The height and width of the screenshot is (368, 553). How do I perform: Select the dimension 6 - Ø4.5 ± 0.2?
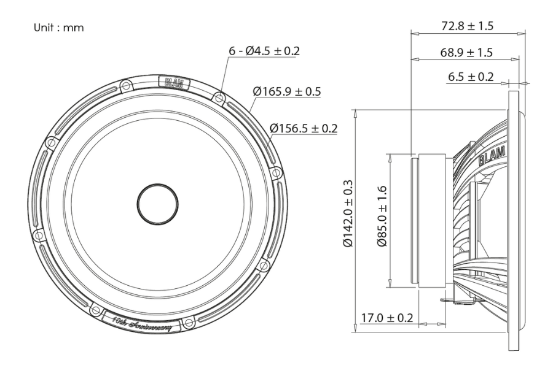264,51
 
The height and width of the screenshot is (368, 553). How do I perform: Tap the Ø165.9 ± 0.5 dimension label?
288,91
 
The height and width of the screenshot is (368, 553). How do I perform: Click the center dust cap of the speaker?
158,202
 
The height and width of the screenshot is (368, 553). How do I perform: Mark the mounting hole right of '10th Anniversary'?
189,320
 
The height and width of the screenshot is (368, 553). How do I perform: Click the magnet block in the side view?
434,219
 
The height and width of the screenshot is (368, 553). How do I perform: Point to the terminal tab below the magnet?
447,299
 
